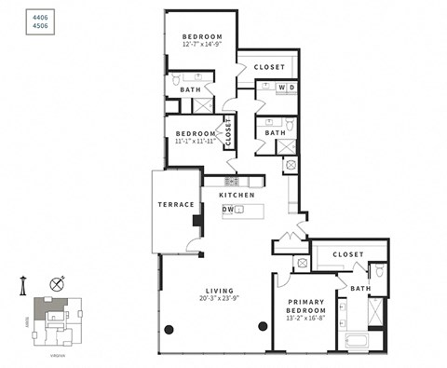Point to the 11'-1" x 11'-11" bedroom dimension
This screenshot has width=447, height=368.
click(x=196, y=142)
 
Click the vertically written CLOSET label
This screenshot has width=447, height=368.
click(x=227, y=131)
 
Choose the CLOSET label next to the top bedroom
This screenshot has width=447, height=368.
click(x=269, y=67)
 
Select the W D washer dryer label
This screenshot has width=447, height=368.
click(x=286, y=88)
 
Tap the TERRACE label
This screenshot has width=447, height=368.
click(x=175, y=204)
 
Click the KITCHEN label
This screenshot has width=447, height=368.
click(x=237, y=195)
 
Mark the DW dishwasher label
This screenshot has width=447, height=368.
click(x=227, y=210)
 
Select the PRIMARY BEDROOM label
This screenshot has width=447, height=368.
click(x=306, y=307)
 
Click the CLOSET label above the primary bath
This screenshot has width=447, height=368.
click(x=347, y=253)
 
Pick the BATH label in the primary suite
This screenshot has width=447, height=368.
click(x=360, y=289)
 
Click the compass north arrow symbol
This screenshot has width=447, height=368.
click(x=58, y=283)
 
